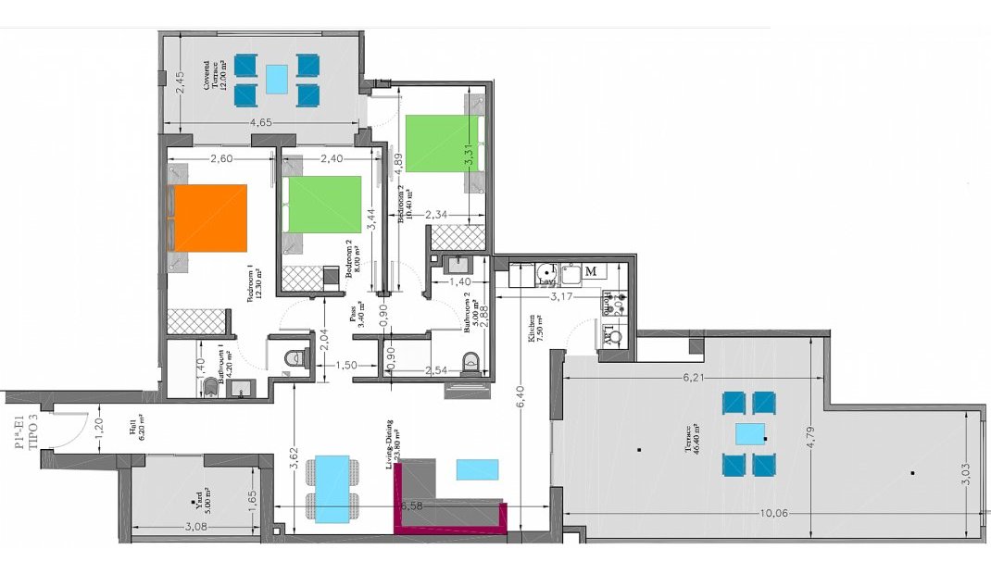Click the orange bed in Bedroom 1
pos(209,218)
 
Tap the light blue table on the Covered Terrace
pos(275,80)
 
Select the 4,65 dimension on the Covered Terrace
pos(265,121)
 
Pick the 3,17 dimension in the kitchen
pos(565,297)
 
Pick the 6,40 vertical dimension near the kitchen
pos(521,398)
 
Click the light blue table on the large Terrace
pos(750,434)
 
